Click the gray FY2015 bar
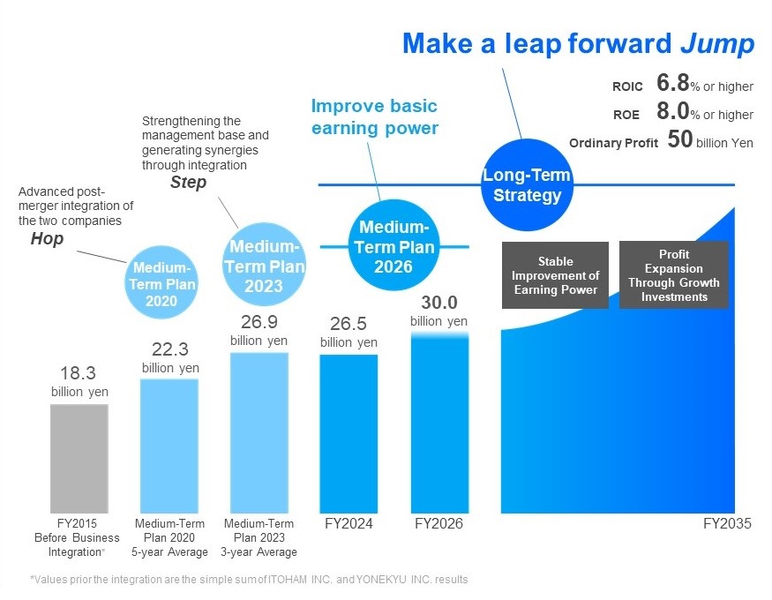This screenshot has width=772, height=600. coord(79,459)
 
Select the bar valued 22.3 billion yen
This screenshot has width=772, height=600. coord(169,446)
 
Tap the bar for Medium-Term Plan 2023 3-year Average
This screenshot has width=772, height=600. coord(259,433)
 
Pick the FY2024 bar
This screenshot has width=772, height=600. coord(349,434)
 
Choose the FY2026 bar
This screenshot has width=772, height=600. coord(439,424)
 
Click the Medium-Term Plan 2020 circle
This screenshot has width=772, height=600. coord(161,282)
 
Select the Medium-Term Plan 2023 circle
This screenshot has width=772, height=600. coord(264,265)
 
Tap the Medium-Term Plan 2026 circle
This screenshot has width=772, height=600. coord(393,245)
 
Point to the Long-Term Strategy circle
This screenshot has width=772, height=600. coord(527,184)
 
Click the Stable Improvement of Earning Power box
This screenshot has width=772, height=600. coord(555,275)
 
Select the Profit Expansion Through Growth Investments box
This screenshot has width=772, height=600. coord(673,275)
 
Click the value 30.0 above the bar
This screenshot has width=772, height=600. coord(439,303)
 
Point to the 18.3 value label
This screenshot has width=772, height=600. coord(78,373)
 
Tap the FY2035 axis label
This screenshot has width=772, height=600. coord(727,523)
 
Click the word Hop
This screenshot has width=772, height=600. coord(48,239)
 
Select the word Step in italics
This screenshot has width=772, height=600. coord(188,183)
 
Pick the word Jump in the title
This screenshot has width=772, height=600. coord(717,43)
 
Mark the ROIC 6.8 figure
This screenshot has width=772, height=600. coord(672,83)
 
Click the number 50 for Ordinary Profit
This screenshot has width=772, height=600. coord(680,139)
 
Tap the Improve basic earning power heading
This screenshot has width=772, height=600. coord(375,117)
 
